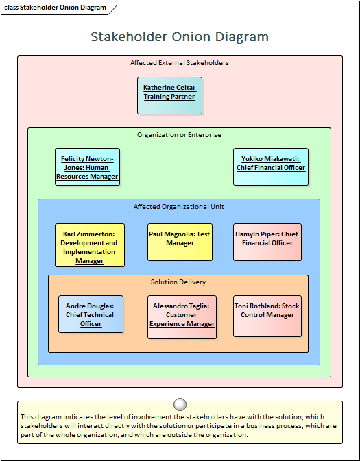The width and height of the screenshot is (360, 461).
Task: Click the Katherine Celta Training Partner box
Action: click(x=169, y=95)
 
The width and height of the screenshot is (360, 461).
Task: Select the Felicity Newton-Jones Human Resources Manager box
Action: click(x=87, y=167)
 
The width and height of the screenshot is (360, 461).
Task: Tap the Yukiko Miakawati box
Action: click(x=271, y=167)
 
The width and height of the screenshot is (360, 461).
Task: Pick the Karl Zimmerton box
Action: click(x=90, y=245)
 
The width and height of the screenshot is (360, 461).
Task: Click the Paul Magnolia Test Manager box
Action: click(x=180, y=242)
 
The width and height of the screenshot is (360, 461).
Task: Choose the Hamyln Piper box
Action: click(x=267, y=242)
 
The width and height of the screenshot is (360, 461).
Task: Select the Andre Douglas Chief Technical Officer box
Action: click(x=91, y=314)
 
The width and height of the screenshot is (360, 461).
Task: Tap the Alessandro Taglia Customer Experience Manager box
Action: click(x=182, y=317)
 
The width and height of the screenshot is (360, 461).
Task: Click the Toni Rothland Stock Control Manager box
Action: click(x=267, y=316)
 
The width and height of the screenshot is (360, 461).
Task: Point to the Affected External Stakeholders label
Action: click(x=180, y=62)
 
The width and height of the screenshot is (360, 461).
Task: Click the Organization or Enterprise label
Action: click(x=179, y=135)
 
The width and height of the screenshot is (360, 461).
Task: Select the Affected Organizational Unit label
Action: click(x=179, y=207)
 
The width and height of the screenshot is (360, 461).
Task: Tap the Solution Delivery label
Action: click(x=178, y=282)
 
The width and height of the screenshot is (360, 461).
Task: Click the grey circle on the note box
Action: click(x=180, y=405)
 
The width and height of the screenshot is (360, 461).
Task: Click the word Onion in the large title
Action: click(x=191, y=37)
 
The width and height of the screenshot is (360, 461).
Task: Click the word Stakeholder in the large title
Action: click(x=129, y=37)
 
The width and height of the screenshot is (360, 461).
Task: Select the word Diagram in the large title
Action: click(x=241, y=38)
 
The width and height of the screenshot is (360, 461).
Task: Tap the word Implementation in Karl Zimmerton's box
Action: click(x=89, y=252)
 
